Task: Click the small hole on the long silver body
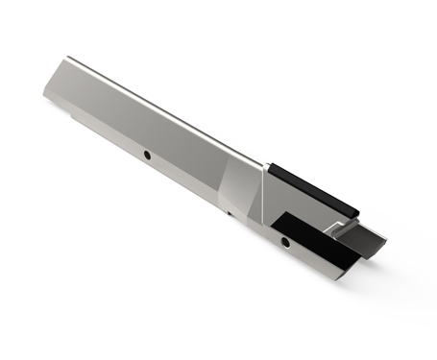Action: pyautogui.click(x=147, y=154)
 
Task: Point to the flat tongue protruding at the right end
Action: pyautogui.click(x=363, y=240)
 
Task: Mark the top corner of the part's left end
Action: pyautogui.click(x=66, y=59)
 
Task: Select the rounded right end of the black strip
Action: pyautogui.click(x=355, y=208)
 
